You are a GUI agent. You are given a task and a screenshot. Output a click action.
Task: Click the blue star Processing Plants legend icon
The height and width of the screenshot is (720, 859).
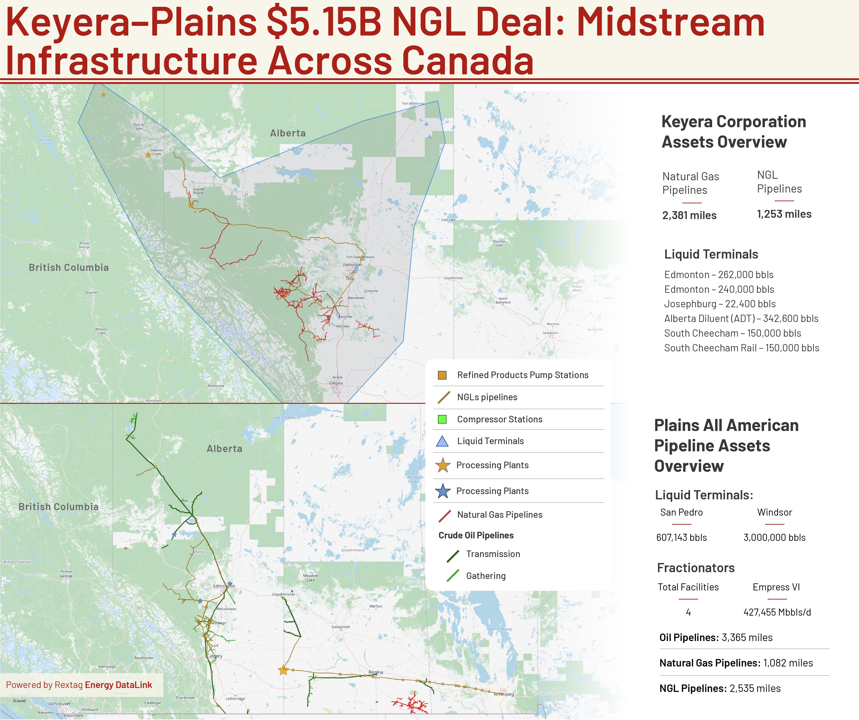(443, 491)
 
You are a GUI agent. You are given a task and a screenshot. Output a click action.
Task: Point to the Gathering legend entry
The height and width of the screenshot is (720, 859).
(486, 576)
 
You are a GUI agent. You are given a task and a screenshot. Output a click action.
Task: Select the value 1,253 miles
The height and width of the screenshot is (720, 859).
(784, 214)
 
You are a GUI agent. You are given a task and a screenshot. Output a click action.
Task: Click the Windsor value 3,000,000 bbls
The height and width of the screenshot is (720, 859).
(774, 538)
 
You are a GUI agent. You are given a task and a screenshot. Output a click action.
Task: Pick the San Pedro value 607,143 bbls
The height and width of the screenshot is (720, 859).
(681, 538)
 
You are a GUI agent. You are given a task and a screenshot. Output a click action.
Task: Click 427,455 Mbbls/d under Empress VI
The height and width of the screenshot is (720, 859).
(777, 612)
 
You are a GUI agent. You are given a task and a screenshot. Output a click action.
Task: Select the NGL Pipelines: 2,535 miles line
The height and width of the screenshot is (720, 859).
(720, 688)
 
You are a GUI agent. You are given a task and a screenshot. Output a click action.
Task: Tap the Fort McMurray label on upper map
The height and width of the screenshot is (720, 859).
(413, 104)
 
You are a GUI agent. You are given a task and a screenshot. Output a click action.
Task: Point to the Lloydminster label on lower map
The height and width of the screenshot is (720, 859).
(284, 594)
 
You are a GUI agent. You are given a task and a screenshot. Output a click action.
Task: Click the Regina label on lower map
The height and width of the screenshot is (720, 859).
(375, 672)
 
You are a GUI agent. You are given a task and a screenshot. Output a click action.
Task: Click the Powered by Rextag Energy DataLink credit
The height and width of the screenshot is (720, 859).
(79, 685)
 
